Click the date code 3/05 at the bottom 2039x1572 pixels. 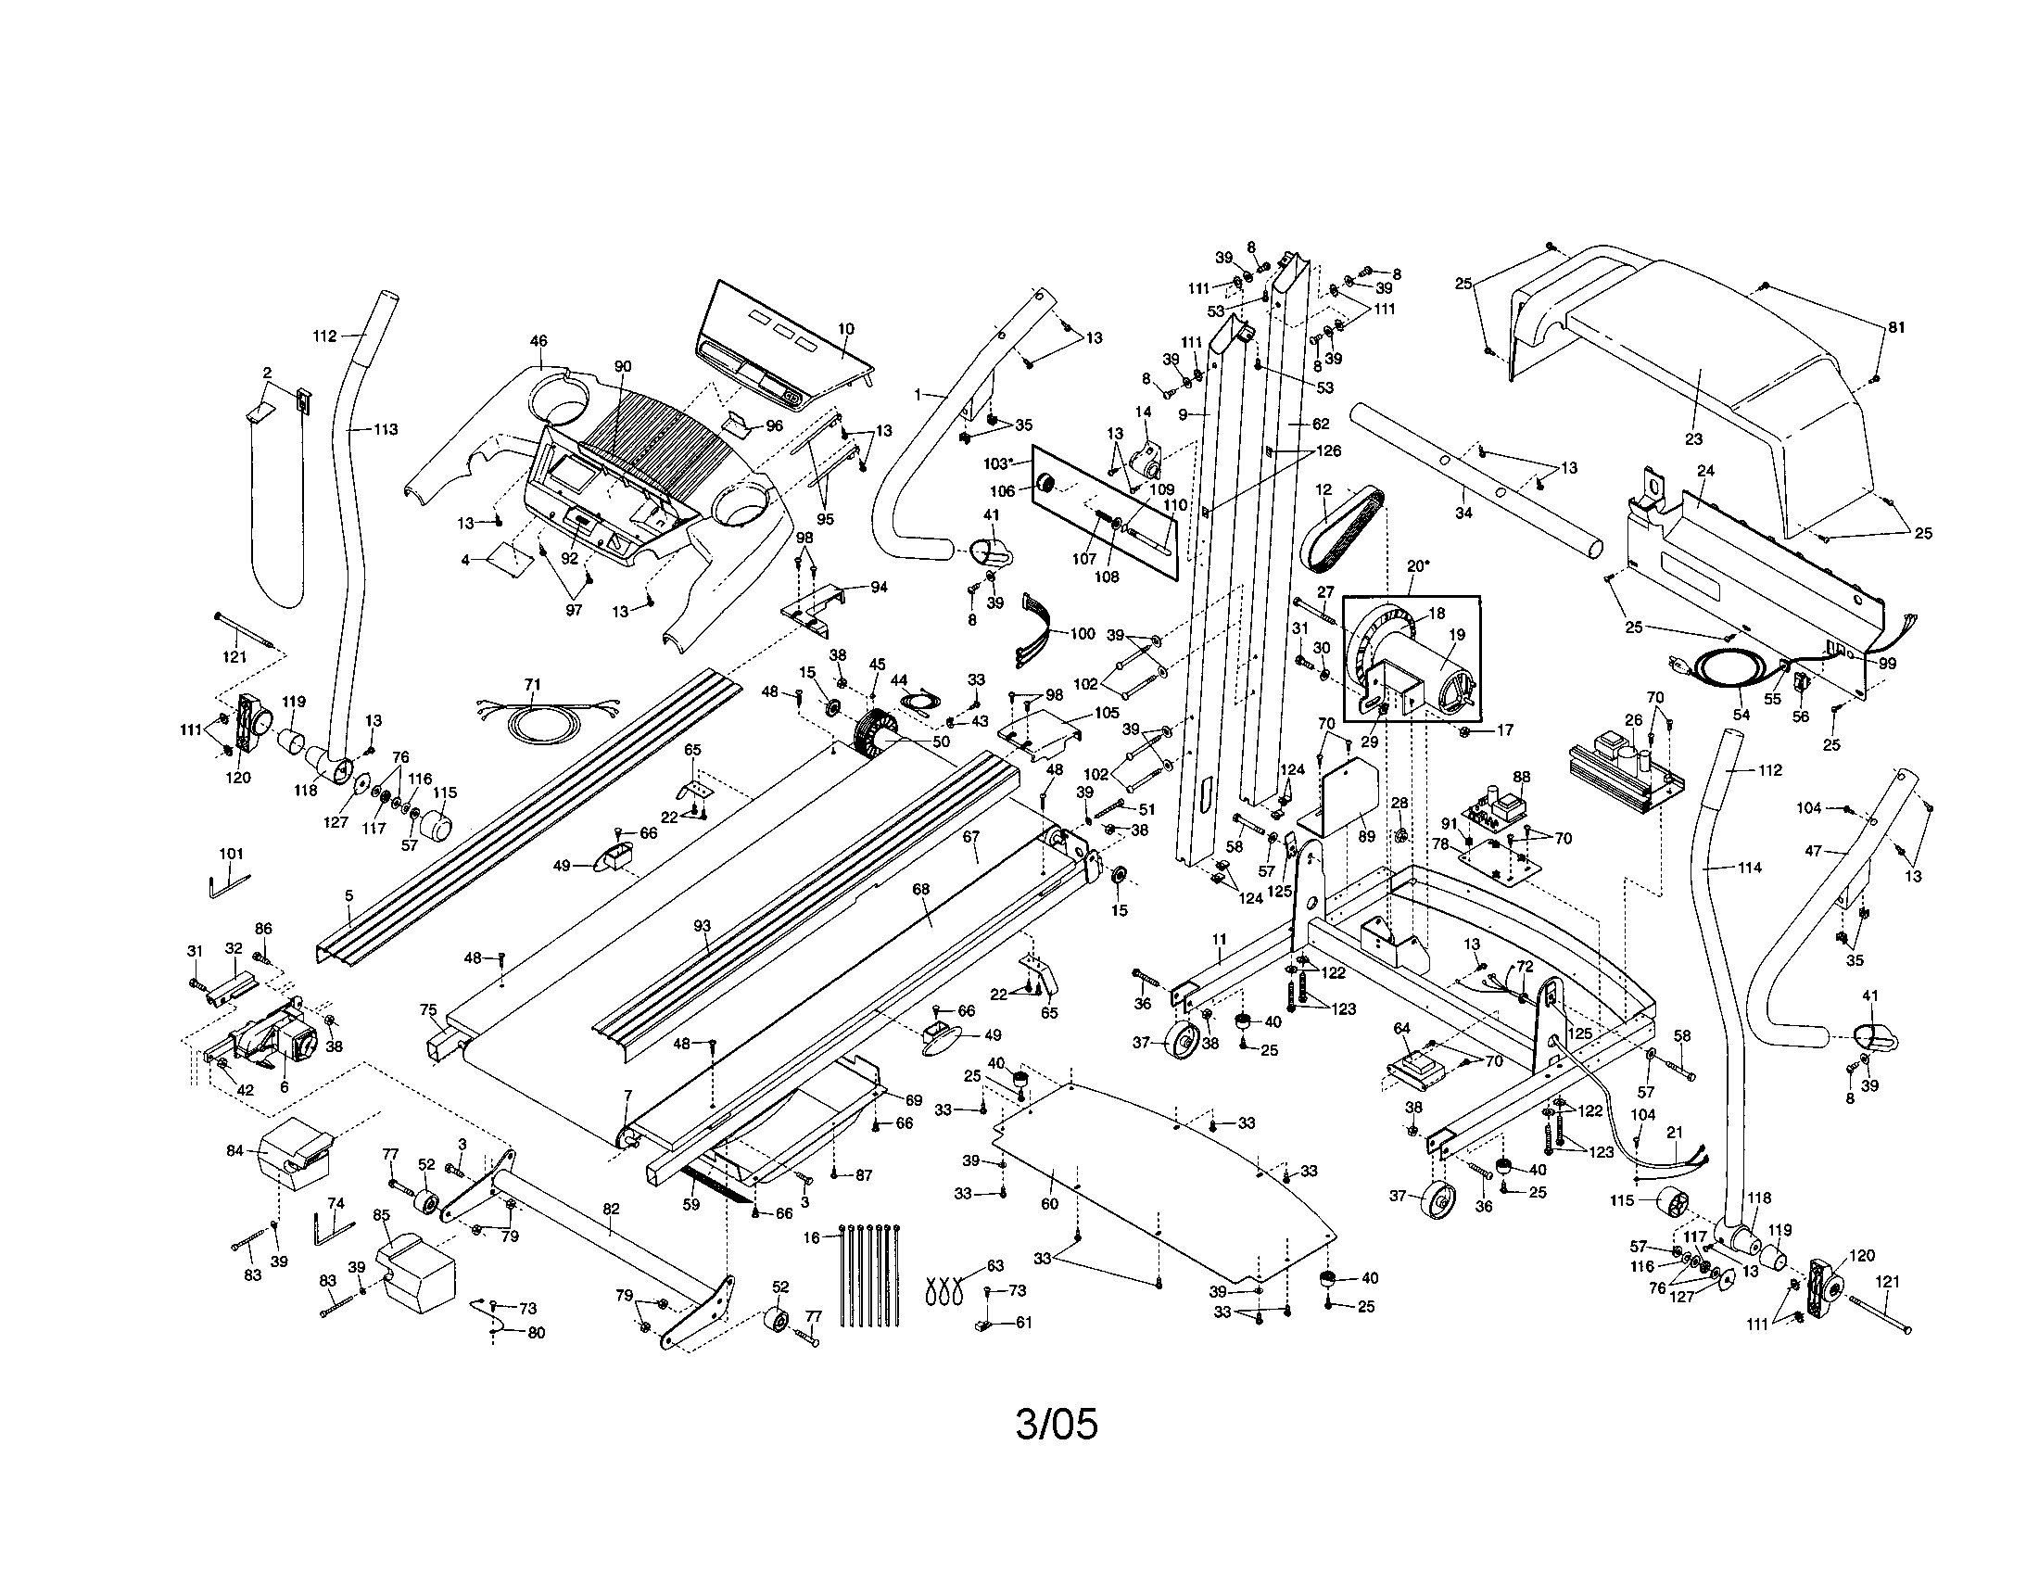click(x=1056, y=1425)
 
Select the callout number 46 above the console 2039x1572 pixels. click(x=538, y=342)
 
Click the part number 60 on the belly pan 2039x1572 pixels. click(x=1049, y=1203)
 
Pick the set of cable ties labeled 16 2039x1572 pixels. click(x=870, y=1274)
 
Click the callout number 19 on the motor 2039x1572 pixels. click(x=1456, y=635)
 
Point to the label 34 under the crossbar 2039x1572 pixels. click(x=1463, y=513)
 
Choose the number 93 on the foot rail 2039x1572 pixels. click(x=703, y=926)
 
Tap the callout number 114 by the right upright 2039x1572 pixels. click(x=1749, y=868)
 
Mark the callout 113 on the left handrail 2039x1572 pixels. click(x=386, y=429)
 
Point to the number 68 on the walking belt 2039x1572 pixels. click(x=921, y=890)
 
